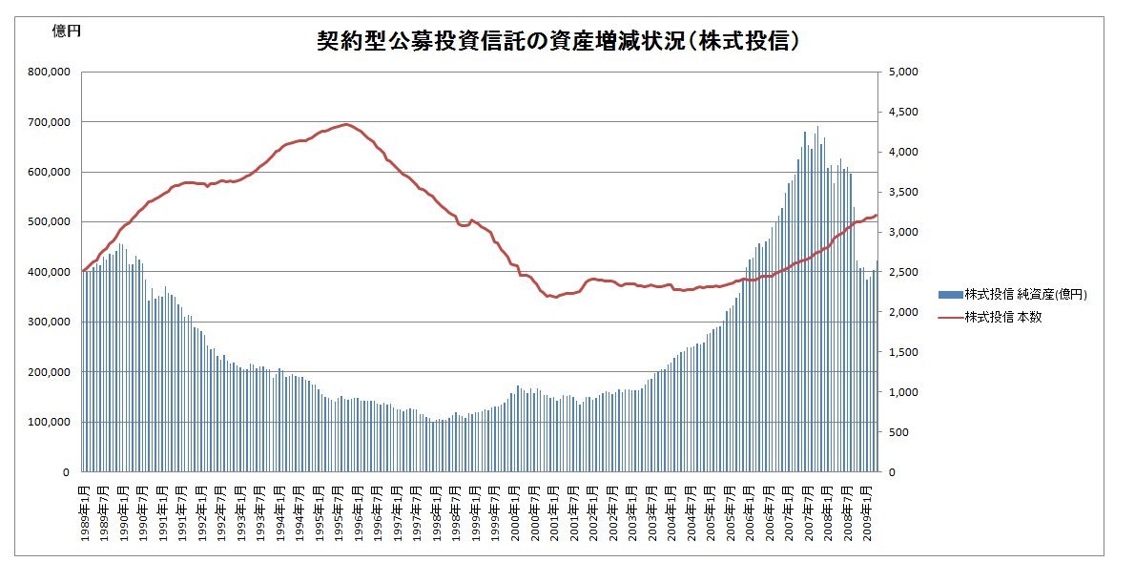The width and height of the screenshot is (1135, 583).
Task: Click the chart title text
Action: [x=558, y=42]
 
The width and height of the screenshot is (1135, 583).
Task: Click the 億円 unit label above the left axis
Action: [x=66, y=31]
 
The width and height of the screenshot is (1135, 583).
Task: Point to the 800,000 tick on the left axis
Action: [x=49, y=72]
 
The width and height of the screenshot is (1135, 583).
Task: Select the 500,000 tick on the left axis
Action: [x=49, y=222]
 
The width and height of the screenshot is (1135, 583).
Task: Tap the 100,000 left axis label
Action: [x=49, y=422]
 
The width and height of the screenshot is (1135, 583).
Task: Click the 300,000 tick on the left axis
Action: [x=49, y=323]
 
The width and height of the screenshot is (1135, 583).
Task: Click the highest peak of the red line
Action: [x=345, y=124]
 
